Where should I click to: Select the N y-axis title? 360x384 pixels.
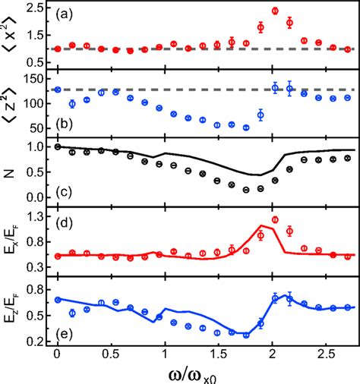click(x=11, y=171)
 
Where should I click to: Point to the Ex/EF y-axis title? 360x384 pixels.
click(x=10, y=242)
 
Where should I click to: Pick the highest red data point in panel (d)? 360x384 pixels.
click(x=275, y=219)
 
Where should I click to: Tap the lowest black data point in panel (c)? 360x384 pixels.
click(x=246, y=190)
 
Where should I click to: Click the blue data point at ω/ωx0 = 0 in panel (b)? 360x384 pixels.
click(x=58, y=90)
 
